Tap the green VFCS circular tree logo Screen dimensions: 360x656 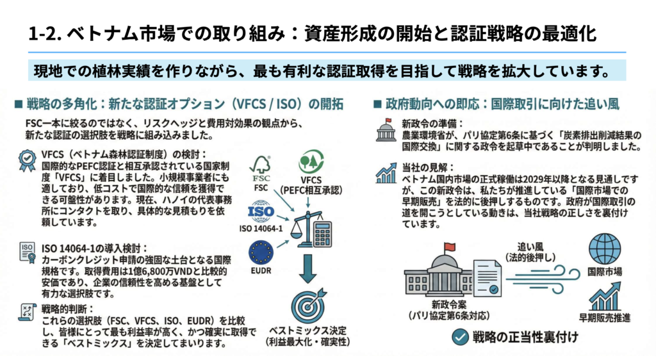tap(311, 162)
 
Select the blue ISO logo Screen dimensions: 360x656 tap(260, 212)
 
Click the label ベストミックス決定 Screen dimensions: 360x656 tap(308, 331)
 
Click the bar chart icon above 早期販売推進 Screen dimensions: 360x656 tap(604, 296)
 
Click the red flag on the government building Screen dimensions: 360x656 tap(450, 247)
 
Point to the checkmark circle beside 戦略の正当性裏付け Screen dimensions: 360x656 tap(459, 337)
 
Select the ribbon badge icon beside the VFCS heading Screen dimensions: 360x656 tap(26, 161)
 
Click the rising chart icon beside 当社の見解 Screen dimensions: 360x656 tap(386, 172)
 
